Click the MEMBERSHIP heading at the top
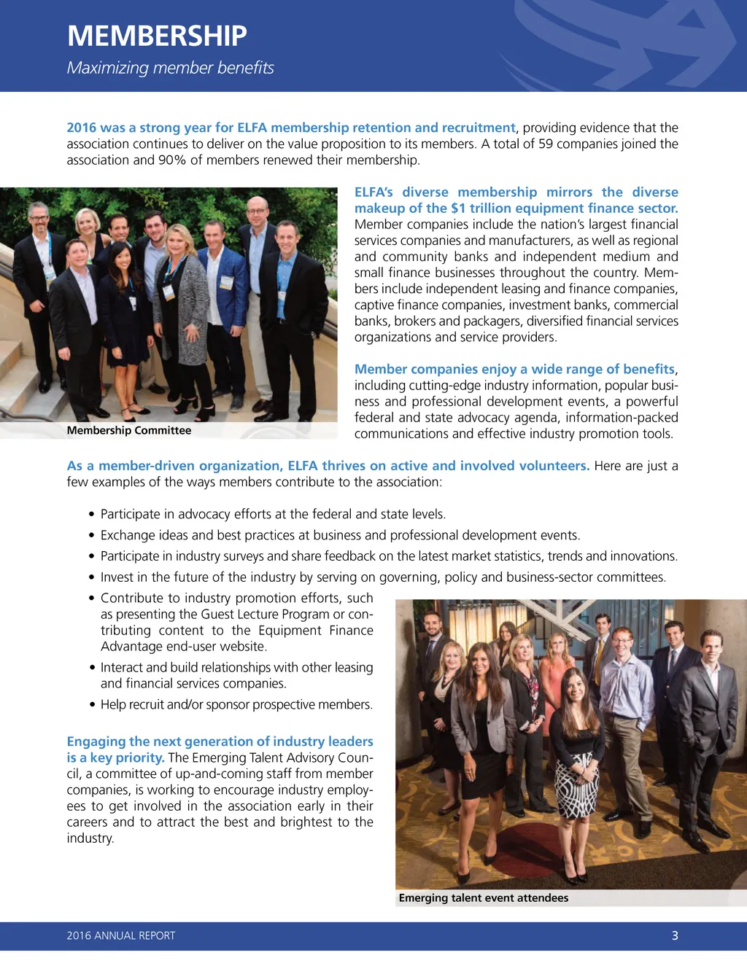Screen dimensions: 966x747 pyautogui.click(x=157, y=36)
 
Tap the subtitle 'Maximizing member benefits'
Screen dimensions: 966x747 pyautogui.click(x=170, y=68)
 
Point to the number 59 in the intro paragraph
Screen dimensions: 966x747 pyautogui.click(x=546, y=144)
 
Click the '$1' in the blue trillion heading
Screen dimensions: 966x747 pyautogui.click(x=458, y=208)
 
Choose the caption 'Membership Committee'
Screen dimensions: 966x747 pyautogui.click(x=129, y=430)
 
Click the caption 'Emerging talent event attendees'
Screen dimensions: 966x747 pyautogui.click(x=484, y=897)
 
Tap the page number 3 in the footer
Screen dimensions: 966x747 pyautogui.click(x=675, y=935)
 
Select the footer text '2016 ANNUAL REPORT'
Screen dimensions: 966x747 pyautogui.click(x=121, y=935)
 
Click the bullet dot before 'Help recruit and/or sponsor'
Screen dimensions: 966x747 pyautogui.click(x=93, y=705)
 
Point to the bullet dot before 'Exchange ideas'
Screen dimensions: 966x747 pyautogui.click(x=92, y=536)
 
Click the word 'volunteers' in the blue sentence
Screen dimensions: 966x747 pyautogui.click(x=553, y=466)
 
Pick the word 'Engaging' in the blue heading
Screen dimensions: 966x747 pyautogui.click(x=96, y=741)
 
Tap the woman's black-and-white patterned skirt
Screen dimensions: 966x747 pyautogui.click(x=576, y=787)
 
